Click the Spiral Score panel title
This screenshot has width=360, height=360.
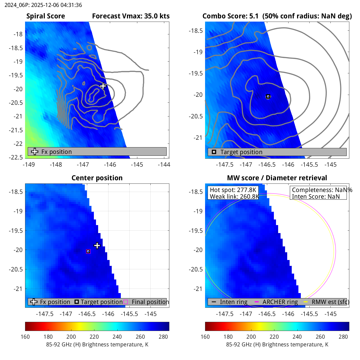click(46, 16)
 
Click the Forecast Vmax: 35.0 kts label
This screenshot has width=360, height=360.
click(131, 16)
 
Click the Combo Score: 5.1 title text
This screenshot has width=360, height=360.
click(230, 16)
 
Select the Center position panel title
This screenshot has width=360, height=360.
click(97, 178)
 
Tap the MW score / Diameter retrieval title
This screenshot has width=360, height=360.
click(277, 178)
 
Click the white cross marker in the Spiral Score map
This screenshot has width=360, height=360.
click(103, 86)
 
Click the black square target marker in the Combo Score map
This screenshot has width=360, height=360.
click(268, 97)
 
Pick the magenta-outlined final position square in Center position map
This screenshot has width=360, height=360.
click(88, 251)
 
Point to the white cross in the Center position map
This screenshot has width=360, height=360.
click(97, 245)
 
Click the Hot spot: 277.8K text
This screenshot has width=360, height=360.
click(233, 190)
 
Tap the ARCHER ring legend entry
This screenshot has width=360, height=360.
click(280, 302)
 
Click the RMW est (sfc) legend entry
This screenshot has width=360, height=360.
click(330, 302)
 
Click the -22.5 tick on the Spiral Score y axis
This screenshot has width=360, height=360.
click(16, 157)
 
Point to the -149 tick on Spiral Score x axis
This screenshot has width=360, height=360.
click(29, 165)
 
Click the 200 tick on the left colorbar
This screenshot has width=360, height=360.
click(71, 337)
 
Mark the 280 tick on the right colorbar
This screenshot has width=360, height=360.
click(343, 337)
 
